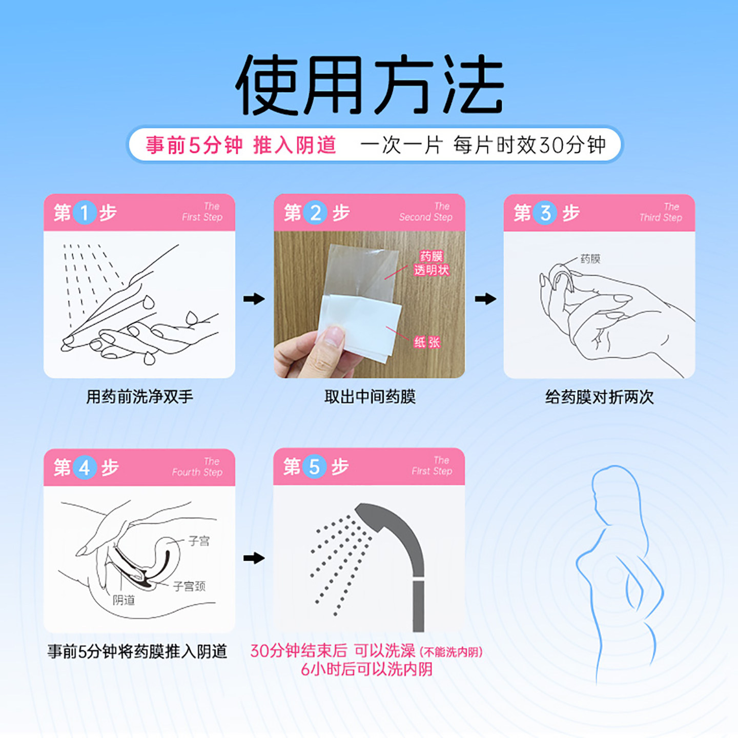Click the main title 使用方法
[369, 85]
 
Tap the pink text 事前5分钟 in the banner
[194, 145]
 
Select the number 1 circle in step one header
[85, 212]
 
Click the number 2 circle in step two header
[315, 212]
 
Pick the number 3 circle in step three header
[545, 212]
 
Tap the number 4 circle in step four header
[85, 467]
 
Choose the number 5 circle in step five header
[314, 466]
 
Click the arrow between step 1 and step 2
[254, 299]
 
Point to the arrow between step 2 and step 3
[485, 299]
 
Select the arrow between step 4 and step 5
[254, 558]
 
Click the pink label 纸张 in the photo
[427, 342]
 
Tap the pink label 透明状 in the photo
[432, 270]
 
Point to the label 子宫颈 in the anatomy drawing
[189, 586]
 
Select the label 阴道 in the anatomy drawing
[124, 600]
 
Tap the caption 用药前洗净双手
[139, 397]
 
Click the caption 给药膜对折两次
[599, 397]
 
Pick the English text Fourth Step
[197, 472]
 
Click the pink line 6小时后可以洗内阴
[366, 669]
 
